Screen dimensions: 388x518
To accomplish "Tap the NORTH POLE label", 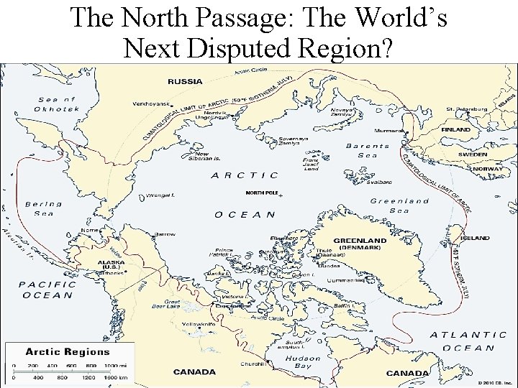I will pyautogui.click(x=261, y=193).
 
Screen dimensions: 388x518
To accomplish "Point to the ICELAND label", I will pyautogui.click(x=476, y=238).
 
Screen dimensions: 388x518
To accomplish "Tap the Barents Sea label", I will pyautogui.click(x=367, y=150).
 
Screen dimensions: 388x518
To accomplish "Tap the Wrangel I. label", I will pyautogui.click(x=161, y=195).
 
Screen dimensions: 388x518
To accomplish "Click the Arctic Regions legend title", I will pyautogui.click(x=68, y=352).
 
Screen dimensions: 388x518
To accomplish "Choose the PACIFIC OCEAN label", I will pyautogui.click(x=47, y=289).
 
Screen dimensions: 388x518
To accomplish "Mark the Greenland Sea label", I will pyautogui.click(x=399, y=205).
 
